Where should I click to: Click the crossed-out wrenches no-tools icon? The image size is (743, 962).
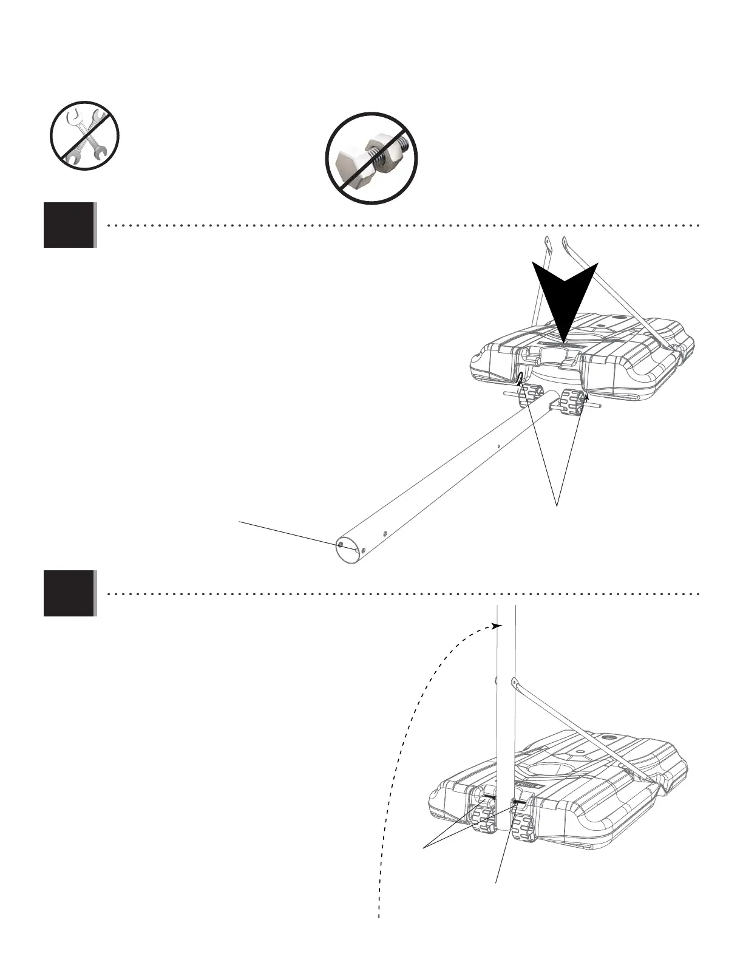click(x=84, y=135)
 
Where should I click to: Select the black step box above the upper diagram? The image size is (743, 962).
click(x=69, y=225)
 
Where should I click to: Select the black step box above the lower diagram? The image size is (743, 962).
click(x=69, y=593)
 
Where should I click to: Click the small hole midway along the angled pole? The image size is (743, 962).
click(x=497, y=446)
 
